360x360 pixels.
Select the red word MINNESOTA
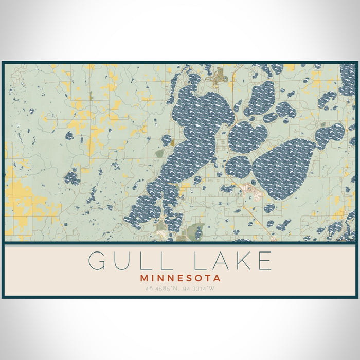[180, 278]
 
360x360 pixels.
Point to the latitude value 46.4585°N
[160, 289]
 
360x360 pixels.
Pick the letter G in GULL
[97, 261]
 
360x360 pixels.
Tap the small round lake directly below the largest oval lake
[269, 208]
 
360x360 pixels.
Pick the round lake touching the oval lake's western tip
[238, 167]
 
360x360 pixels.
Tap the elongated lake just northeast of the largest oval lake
[329, 135]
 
